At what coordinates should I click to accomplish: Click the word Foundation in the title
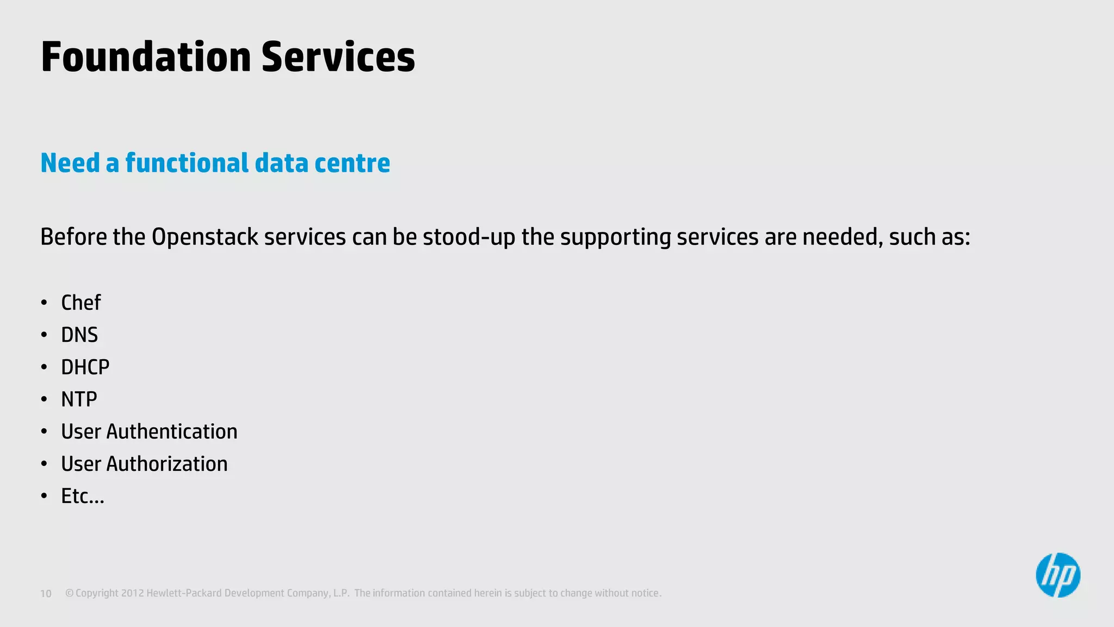(146, 57)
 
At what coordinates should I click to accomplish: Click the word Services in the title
(338, 57)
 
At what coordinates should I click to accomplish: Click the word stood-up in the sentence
(469, 237)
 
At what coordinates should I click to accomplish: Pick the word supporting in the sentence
(615, 237)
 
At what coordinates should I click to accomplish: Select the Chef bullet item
(81, 303)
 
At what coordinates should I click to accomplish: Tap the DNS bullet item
(79, 335)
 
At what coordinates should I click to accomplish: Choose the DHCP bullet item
(85, 367)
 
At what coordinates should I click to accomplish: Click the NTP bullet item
(79, 399)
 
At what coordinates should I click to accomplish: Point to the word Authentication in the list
(172, 432)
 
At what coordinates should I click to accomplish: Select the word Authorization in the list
(167, 464)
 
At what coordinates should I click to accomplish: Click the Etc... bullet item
(82, 496)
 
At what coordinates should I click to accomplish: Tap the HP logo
(1057, 575)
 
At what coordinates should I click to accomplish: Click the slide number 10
(46, 594)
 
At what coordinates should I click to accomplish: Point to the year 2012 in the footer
(132, 593)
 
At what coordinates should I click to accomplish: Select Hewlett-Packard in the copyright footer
(184, 593)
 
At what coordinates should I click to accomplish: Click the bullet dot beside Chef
(44, 303)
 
